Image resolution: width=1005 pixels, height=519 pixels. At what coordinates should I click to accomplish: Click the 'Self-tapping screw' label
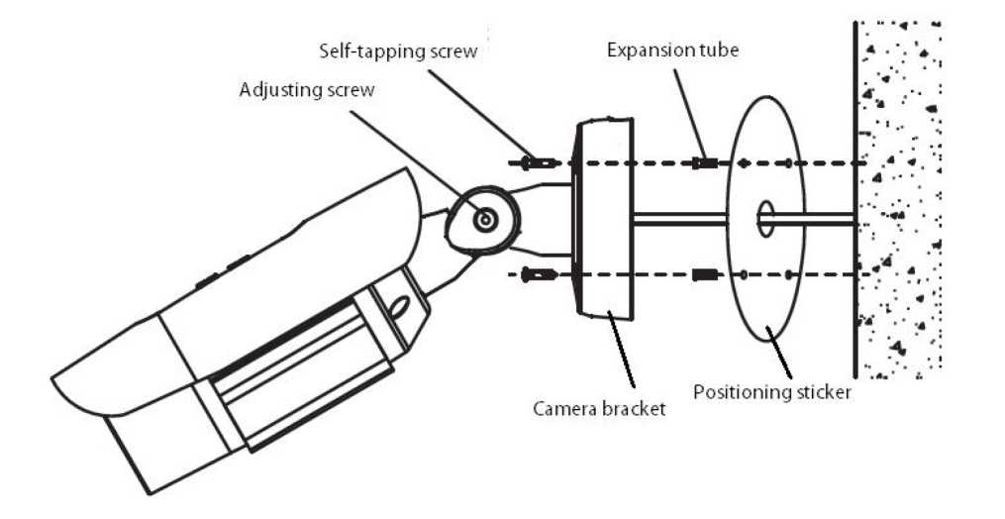(x=398, y=50)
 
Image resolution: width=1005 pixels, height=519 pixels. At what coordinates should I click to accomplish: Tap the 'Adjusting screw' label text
(x=307, y=89)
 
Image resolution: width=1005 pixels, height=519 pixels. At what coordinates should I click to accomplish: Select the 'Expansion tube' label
(x=672, y=50)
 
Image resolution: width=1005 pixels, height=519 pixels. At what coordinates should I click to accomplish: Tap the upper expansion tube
(x=704, y=162)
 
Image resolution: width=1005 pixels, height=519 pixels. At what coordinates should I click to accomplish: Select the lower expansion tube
(x=704, y=273)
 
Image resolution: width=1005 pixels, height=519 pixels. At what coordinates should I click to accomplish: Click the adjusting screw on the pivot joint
(x=484, y=219)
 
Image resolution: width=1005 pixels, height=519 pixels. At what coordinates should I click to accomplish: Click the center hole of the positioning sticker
(x=765, y=219)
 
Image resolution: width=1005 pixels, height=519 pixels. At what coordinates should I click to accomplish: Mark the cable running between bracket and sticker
(x=683, y=219)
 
